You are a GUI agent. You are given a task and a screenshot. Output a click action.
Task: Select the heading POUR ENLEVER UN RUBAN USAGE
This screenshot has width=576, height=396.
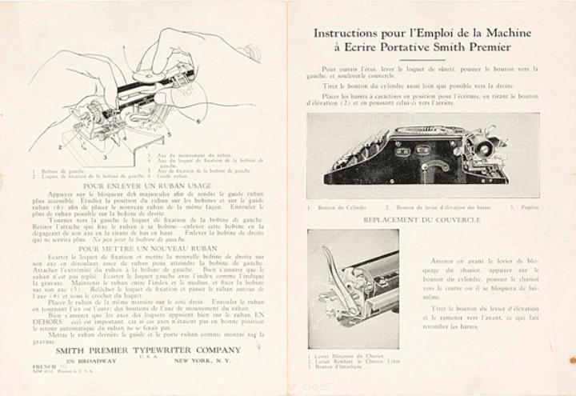click(146, 183)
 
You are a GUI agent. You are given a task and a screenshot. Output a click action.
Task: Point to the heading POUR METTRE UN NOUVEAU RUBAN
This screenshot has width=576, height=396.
click(146, 247)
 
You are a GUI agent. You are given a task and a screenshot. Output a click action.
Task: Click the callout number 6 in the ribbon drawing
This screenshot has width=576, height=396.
click(197, 121)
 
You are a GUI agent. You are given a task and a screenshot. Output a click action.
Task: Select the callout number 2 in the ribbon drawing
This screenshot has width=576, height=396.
click(61, 147)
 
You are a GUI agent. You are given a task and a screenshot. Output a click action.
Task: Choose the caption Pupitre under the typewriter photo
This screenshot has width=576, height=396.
click(524, 207)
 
